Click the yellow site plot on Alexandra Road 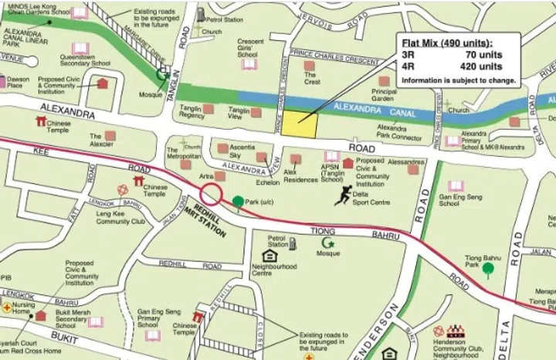click(297, 124)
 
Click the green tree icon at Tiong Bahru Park click(488, 270)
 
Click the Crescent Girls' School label click(251, 49)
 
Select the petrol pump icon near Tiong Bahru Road click(293, 244)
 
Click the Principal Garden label click(384, 94)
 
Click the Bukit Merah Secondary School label click(70, 320)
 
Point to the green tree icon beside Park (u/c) click(238, 203)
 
